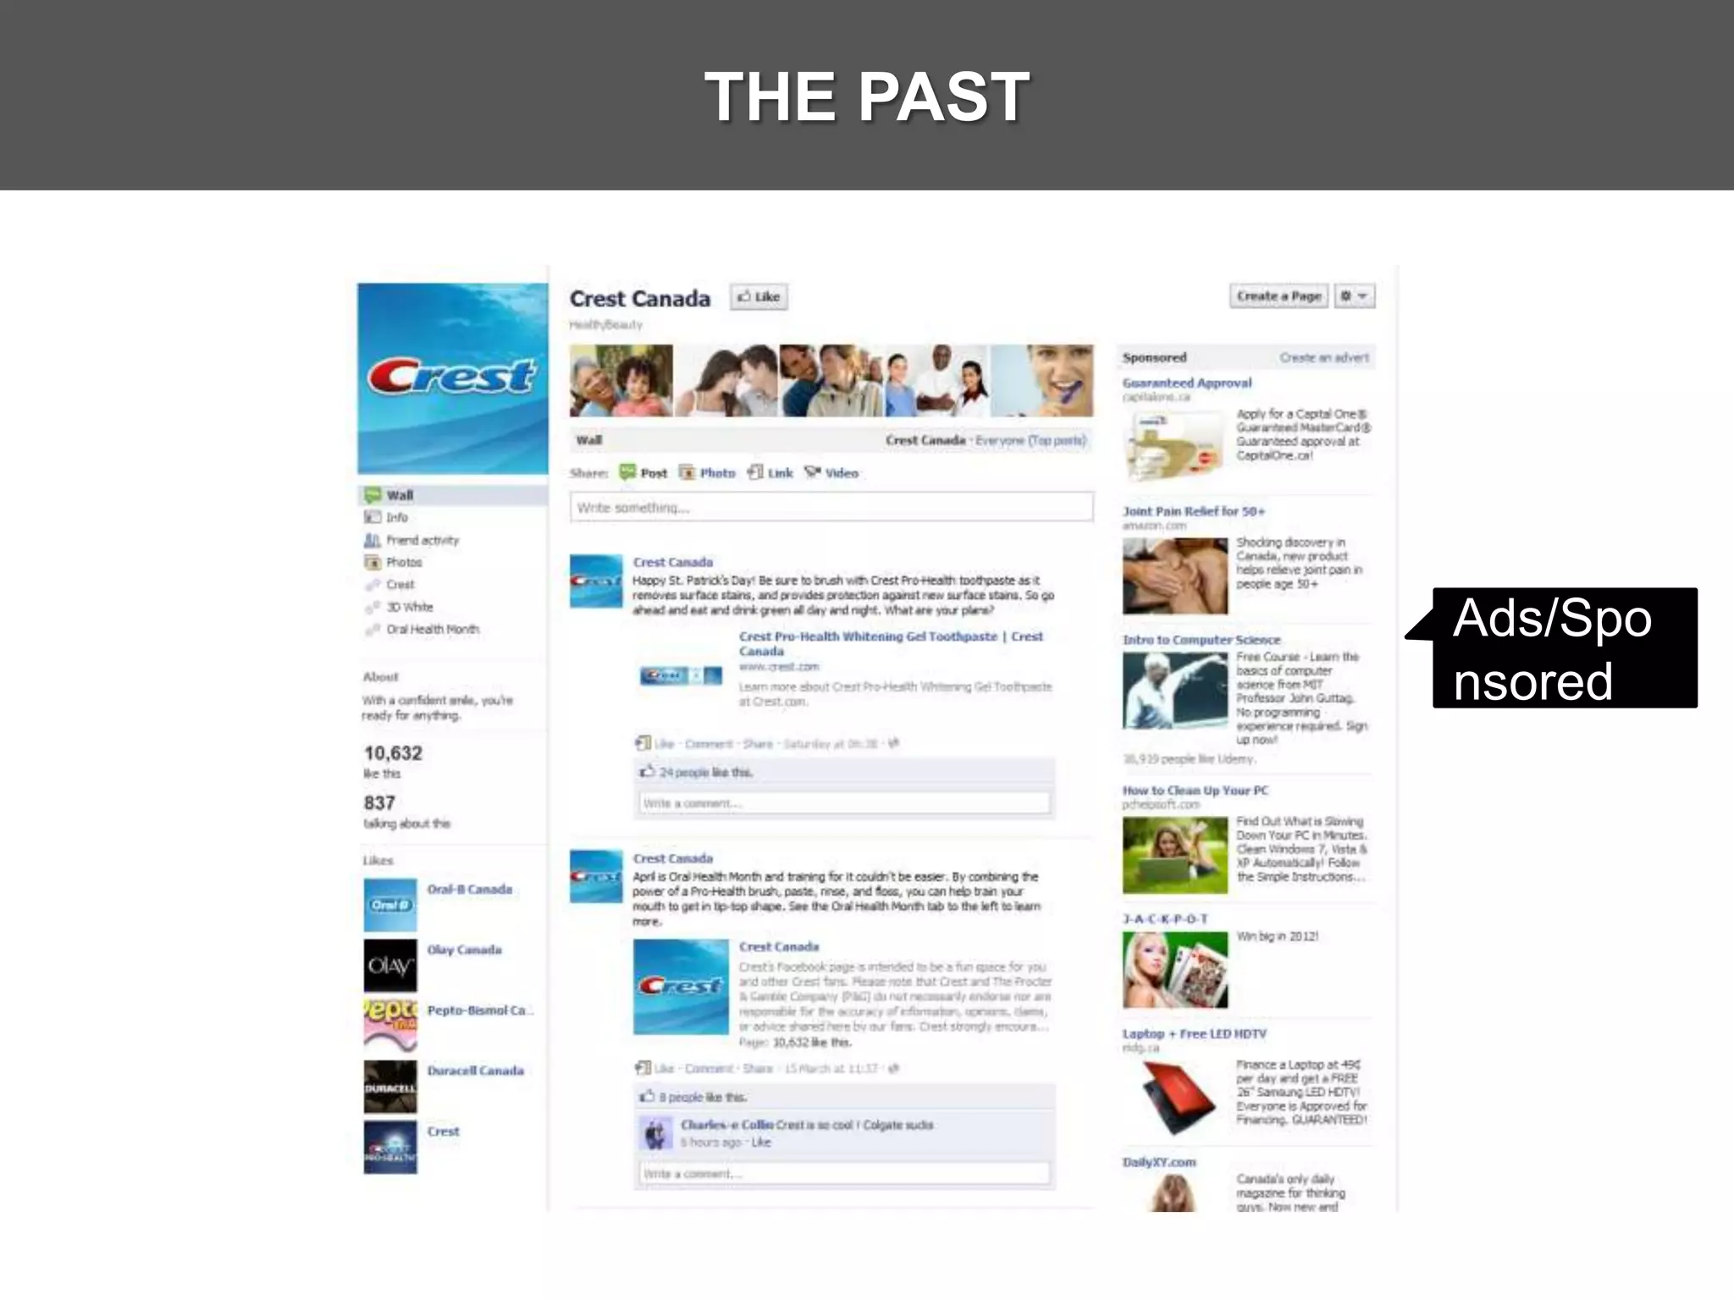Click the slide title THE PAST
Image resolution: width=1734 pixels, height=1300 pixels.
coord(867,96)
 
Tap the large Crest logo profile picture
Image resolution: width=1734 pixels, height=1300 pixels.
coord(452,377)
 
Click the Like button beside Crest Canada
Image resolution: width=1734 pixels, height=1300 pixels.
coord(759,297)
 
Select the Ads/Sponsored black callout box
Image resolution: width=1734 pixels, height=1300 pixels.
coord(1564,648)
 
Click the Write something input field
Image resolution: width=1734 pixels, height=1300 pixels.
coord(831,508)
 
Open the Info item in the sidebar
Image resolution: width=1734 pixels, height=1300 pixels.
coord(396,517)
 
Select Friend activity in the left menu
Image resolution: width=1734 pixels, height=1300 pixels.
coord(422,540)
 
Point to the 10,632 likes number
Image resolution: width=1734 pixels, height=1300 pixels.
coord(393,753)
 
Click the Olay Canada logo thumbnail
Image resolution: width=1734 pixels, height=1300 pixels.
coord(390,966)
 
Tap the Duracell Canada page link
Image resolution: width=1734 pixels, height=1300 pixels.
coord(475,1071)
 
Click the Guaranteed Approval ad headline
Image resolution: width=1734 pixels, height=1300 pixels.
coord(1187,383)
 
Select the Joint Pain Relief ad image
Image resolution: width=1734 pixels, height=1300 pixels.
coord(1174,576)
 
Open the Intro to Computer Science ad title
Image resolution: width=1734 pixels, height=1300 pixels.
coord(1201,640)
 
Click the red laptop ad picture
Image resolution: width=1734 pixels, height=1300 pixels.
coord(1174,1098)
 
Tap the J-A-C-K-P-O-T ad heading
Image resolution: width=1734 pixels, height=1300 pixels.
coord(1165,919)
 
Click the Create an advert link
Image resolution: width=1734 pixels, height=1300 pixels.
coord(1323,358)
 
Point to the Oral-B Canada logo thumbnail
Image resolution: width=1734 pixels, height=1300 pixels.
coord(390,905)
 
